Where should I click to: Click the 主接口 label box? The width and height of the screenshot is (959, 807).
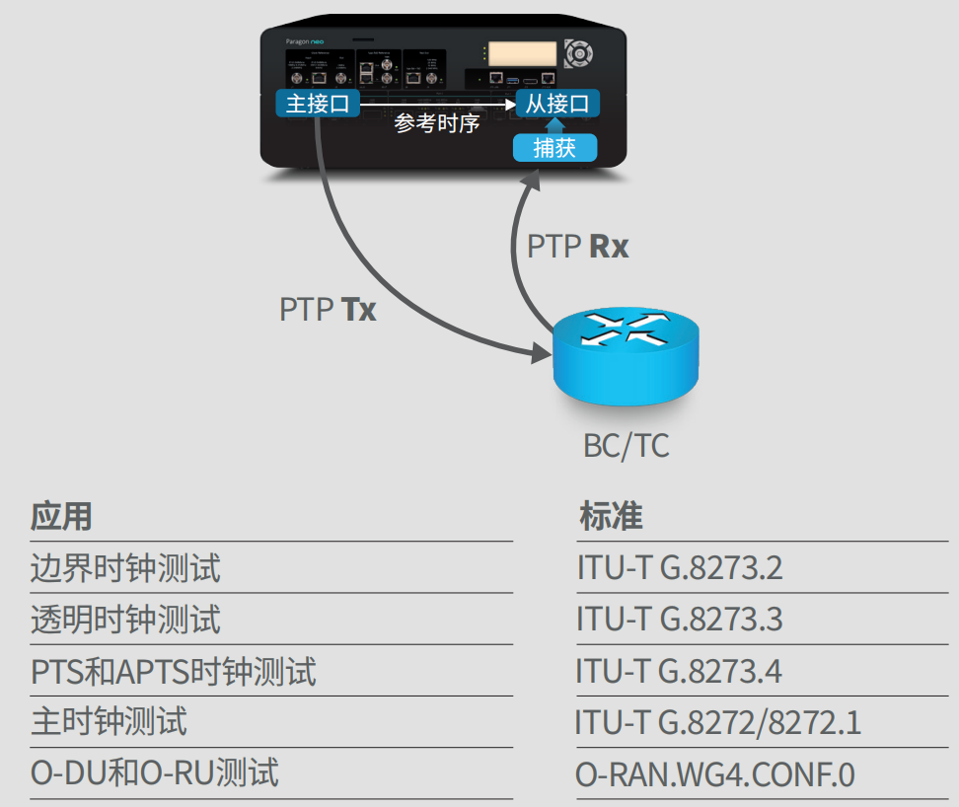tap(318, 104)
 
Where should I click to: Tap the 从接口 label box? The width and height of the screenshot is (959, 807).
tap(556, 104)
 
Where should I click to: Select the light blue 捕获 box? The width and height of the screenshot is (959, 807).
tap(555, 148)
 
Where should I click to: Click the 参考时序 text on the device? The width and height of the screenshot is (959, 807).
tap(436, 123)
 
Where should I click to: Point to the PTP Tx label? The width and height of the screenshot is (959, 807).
tap(328, 310)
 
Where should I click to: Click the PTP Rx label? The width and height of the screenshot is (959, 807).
tap(577, 246)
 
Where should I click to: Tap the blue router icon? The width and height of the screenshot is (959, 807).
tap(625, 354)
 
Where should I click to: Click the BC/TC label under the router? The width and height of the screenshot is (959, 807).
tap(626, 446)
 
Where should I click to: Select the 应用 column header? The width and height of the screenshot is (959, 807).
tap(61, 516)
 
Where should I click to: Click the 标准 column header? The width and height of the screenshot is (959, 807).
tap(611, 516)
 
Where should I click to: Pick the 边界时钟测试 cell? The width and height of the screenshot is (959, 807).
tap(125, 568)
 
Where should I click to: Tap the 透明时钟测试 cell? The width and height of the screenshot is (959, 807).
tap(125, 620)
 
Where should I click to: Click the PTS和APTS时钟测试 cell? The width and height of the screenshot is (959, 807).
tap(174, 672)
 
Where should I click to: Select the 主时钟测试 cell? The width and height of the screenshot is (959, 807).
tap(109, 722)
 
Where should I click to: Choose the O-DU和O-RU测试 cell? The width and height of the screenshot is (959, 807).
tap(155, 773)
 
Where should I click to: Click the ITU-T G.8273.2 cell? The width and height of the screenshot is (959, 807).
tap(680, 568)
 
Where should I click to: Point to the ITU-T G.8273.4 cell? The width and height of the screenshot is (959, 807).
tap(680, 672)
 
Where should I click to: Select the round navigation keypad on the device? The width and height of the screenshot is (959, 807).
tap(579, 51)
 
